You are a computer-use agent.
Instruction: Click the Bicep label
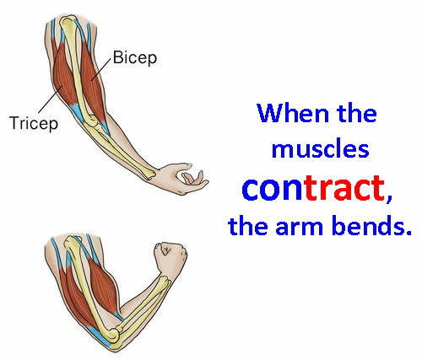tap(135, 58)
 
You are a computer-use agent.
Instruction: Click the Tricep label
tap(34, 123)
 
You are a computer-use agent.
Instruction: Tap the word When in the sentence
tap(293, 113)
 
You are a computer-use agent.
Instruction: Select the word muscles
tap(320, 148)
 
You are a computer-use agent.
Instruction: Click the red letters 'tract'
tap(344, 188)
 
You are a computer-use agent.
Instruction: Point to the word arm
tap(299, 227)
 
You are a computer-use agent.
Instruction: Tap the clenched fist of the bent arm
tap(170, 257)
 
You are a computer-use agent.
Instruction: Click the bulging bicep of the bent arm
tap(103, 285)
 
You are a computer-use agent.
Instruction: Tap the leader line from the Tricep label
tap(50, 99)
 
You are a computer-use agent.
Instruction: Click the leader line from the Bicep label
tap(101, 69)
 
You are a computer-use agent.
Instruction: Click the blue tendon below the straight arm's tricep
tap(76, 112)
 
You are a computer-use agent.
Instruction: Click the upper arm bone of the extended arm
tap(75, 67)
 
